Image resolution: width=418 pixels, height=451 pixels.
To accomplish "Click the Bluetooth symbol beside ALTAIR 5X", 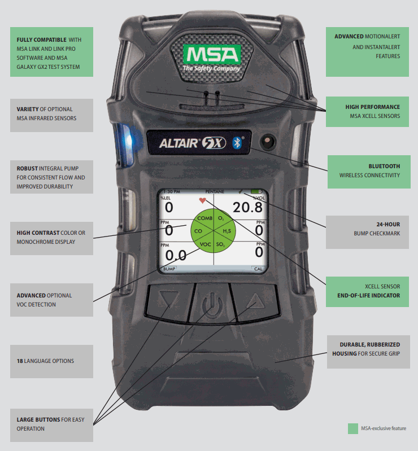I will click(x=238, y=143).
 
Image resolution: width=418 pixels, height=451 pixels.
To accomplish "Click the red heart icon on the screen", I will click(x=202, y=200).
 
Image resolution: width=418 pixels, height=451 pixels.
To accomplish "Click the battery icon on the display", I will click(x=258, y=192).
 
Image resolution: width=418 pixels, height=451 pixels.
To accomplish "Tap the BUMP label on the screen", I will click(x=169, y=269).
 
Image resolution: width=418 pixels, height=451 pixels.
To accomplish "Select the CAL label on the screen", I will click(x=257, y=269).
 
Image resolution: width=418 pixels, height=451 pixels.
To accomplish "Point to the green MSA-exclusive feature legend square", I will click(x=353, y=428).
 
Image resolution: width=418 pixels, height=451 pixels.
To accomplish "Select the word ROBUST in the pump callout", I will click(x=28, y=168).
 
